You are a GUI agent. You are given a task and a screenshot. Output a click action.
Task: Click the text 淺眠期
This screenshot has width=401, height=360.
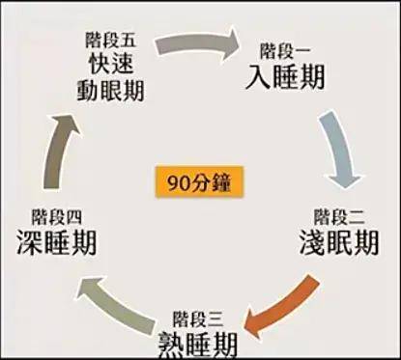coord(337,240)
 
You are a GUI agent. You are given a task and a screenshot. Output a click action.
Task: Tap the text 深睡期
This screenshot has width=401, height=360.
coord(56,240)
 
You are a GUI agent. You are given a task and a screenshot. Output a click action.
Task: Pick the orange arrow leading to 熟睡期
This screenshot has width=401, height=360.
coord(280,299)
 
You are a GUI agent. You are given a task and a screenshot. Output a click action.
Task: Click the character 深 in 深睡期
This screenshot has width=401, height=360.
coord(29,240)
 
